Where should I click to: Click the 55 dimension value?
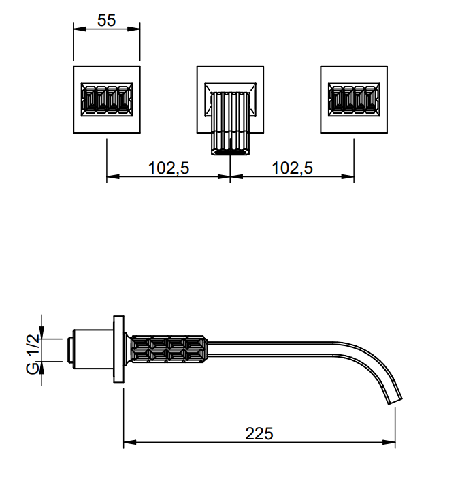[x=107, y=20]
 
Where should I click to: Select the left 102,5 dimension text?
[x=169, y=168]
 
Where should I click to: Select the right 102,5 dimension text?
[x=292, y=168]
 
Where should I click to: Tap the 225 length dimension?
[x=259, y=433]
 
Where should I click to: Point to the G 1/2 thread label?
[x=33, y=354]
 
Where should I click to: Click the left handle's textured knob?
[x=107, y=99]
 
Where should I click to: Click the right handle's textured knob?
[x=354, y=99]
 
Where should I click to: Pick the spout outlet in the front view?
[x=230, y=152]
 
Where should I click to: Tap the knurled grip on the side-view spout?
[x=169, y=349]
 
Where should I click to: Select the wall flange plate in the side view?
[x=118, y=349]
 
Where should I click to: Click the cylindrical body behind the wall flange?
[x=93, y=349]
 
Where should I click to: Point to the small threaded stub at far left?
[x=70, y=350]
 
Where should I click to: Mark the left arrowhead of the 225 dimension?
[x=130, y=442]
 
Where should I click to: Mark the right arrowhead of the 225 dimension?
[x=389, y=442]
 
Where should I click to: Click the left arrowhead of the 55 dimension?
[x=80, y=29]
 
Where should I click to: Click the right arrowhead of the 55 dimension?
[x=133, y=29]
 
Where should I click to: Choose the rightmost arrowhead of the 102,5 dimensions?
[x=348, y=176]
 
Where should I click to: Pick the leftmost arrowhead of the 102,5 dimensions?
[x=113, y=176]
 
